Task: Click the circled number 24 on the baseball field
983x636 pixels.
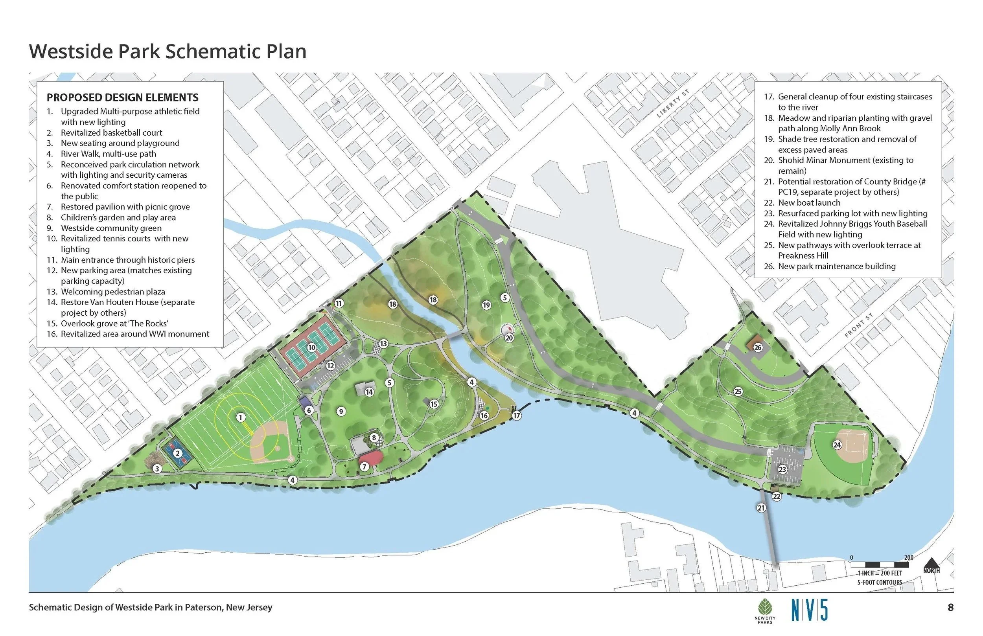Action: click(837, 445)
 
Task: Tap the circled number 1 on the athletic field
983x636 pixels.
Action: click(240, 417)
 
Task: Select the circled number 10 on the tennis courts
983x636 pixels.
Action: click(311, 348)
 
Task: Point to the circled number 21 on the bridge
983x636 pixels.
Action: click(761, 508)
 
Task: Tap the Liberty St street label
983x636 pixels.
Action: click(673, 104)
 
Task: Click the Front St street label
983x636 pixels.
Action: click(859, 325)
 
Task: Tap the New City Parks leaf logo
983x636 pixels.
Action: click(765, 608)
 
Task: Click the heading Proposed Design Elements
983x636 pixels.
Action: click(122, 97)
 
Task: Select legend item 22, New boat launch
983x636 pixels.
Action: click(809, 203)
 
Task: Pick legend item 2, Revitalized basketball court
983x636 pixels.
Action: click(111, 132)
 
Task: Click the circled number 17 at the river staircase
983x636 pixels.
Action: click(516, 416)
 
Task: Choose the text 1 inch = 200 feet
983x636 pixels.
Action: click(880, 573)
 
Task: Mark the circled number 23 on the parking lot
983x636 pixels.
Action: click(782, 470)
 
